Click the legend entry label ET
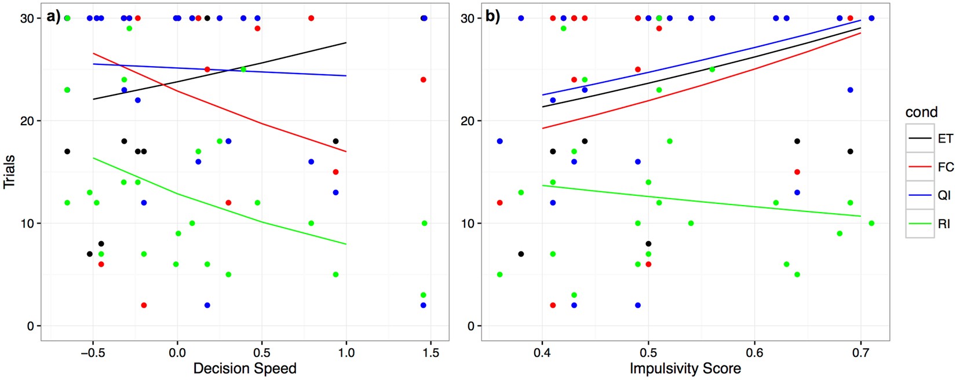945,138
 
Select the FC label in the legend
945,167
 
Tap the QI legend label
944,195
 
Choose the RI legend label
944,224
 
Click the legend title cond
921,112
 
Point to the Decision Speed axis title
245,368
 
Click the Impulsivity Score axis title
685,368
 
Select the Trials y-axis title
9,171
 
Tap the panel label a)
54,17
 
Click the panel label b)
492,17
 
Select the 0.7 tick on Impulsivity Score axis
861,352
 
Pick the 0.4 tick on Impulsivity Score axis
542,352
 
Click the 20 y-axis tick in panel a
28,121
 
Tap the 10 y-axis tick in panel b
467,224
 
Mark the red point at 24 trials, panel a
424,80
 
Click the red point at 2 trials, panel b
553,305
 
